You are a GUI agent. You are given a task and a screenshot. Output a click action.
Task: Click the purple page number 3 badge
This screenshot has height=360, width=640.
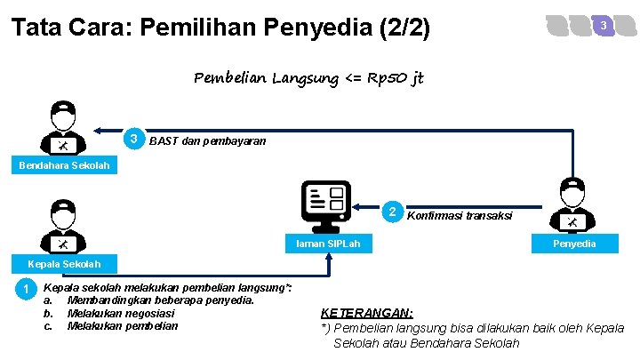point(604,26)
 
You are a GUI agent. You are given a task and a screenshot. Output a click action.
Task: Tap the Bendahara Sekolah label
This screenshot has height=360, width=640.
point(64,165)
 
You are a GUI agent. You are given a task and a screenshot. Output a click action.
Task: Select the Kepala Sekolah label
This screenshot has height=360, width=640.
point(64,263)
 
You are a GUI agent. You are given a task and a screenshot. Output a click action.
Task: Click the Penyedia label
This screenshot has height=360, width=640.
point(574,244)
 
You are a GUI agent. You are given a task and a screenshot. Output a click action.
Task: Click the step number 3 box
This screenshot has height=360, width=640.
point(133,140)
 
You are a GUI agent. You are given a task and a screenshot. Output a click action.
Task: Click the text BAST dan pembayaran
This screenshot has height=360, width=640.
point(207,140)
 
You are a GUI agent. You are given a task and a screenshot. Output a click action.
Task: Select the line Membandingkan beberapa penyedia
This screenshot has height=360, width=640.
point(161,300)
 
